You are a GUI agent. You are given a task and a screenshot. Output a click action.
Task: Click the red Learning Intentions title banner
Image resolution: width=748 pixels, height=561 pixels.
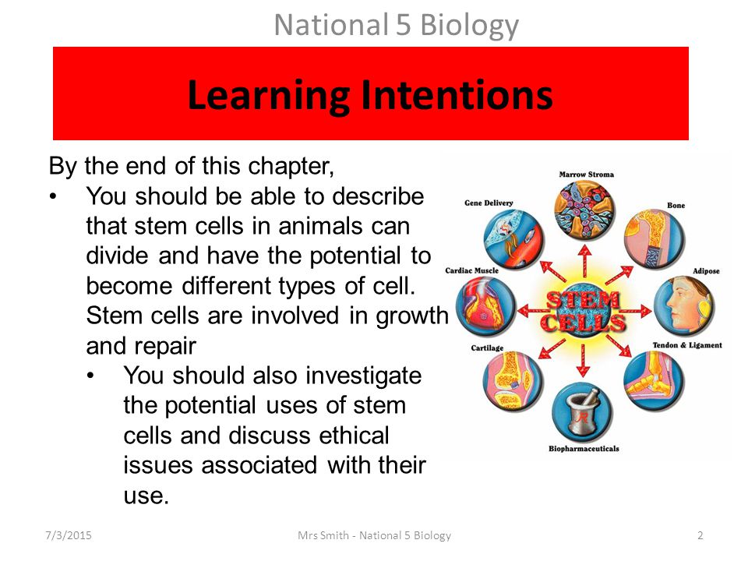[371, 93]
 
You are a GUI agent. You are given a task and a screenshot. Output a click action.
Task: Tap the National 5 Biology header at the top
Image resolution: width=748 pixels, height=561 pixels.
[397, 25]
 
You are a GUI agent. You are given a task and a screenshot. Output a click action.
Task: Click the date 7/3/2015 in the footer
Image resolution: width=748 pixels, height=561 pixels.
[69, 535]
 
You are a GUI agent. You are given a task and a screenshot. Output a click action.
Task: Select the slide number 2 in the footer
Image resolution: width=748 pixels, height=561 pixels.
[700, 535]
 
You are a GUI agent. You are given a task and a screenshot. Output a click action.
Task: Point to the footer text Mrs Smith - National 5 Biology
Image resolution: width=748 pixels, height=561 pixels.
[374, 536]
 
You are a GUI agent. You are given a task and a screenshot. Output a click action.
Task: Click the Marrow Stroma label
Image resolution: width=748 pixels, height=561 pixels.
[586, 175]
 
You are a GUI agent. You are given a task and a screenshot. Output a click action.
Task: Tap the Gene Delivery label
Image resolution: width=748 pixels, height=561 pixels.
[489, 203]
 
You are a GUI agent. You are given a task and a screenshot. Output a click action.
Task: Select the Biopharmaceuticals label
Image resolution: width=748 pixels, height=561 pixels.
[584, 449]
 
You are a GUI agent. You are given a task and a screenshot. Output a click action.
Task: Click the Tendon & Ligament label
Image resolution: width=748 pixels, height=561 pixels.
[687, 345]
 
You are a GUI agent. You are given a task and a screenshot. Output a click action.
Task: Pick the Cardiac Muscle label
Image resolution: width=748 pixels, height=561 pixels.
[471, 270]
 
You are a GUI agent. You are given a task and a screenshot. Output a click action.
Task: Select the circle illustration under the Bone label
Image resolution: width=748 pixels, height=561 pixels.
[654, 238]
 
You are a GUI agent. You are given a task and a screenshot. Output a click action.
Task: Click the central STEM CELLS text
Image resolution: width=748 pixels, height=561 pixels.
[584, 311]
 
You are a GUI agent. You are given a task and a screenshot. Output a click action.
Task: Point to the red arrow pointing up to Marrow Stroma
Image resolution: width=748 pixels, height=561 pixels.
[585, 262]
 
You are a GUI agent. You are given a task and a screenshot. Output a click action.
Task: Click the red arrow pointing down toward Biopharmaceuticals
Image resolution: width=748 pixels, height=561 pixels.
[583, 361]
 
